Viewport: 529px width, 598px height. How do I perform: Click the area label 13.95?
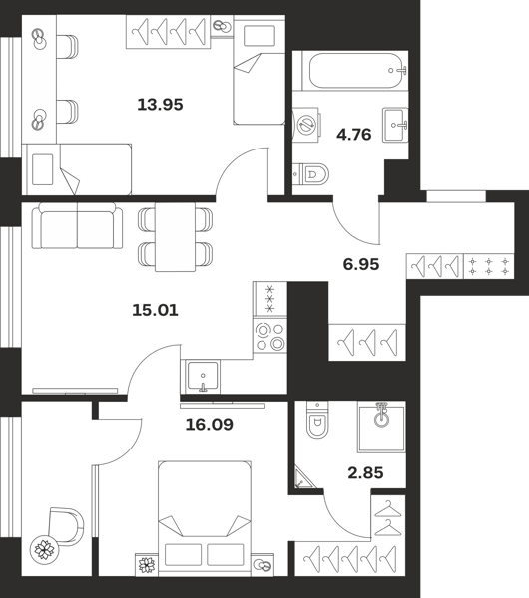click(160, 104)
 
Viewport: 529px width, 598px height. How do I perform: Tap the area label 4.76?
click(354, 135)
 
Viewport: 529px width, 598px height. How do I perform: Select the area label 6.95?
click(361, 264)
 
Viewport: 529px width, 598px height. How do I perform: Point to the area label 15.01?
click(155, 310)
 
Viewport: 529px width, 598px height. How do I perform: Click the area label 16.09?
click(209, 425)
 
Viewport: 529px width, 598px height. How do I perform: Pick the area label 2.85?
click(365, 473)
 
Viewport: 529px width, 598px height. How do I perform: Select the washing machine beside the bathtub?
click(306, 125)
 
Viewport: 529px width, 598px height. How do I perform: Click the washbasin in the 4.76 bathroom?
click(395, 125)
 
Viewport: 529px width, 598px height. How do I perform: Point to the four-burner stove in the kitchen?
click(270, 336)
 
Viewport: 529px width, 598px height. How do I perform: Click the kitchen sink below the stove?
click(203, 377)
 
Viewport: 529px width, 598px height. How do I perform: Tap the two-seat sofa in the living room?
click(78, 226)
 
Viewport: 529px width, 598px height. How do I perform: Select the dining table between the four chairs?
click(176, 237)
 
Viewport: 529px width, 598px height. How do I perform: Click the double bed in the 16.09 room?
click(205, 518)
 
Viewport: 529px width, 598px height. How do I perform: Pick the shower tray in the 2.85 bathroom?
click(381, 427)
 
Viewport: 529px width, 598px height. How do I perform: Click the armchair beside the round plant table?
click(66, 526)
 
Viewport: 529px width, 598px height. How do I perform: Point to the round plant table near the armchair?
click(44, 549)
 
